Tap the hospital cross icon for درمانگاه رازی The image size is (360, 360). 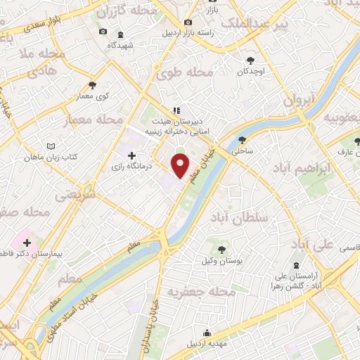[131, 155]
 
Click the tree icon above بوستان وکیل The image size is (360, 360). [221, 249]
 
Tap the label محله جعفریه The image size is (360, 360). [201, 291]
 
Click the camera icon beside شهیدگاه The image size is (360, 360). [103, 32]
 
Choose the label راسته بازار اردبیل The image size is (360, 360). [211, 33]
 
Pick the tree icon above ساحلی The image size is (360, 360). [243, 139]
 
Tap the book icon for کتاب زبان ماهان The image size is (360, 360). [49, 146]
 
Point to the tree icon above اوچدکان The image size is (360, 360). [251, 60]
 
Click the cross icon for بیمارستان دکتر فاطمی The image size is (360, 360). [27, 243]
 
